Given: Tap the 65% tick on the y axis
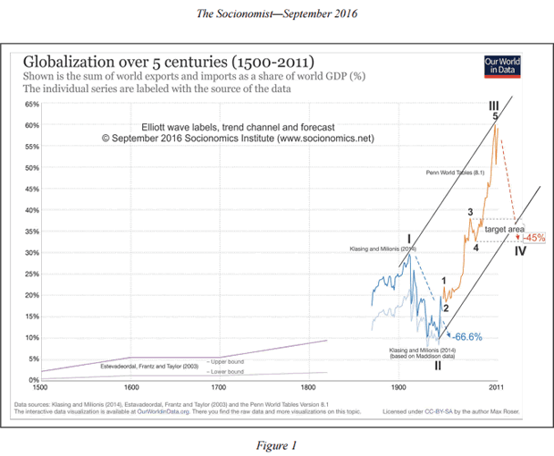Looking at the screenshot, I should point(30,105).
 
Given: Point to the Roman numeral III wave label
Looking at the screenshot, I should point(492,105).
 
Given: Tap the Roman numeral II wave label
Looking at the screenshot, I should point(438,365).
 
